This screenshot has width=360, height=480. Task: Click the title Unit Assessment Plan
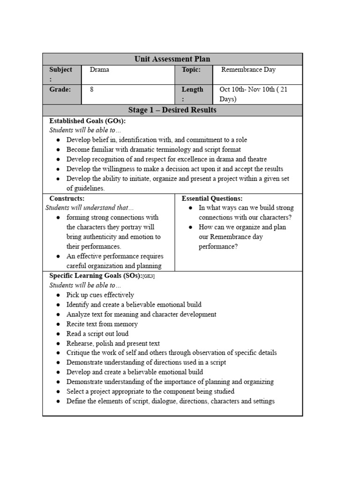coord(172,59)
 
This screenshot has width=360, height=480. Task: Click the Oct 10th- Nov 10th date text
coord(253,90)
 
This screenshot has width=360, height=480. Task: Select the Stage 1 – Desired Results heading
coord(172,110)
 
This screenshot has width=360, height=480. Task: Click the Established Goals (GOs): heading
coord(87,121)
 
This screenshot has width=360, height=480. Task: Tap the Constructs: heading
coord(67,199)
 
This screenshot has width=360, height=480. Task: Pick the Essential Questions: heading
coord(212,199)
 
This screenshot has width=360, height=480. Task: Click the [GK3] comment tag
coord(149,277)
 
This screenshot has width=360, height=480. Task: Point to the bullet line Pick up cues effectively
coord(100,295)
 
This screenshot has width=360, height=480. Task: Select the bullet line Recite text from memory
coord(102,324)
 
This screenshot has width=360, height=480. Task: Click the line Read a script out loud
coord(97,334)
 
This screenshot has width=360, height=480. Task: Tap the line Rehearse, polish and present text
coord(113,344)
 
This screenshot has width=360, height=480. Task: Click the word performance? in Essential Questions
coord(218,247)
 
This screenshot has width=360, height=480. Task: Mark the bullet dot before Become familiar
coord(58,150)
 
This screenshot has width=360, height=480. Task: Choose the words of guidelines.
coord(85,188)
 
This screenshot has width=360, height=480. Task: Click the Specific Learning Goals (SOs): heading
coord(95,276)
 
